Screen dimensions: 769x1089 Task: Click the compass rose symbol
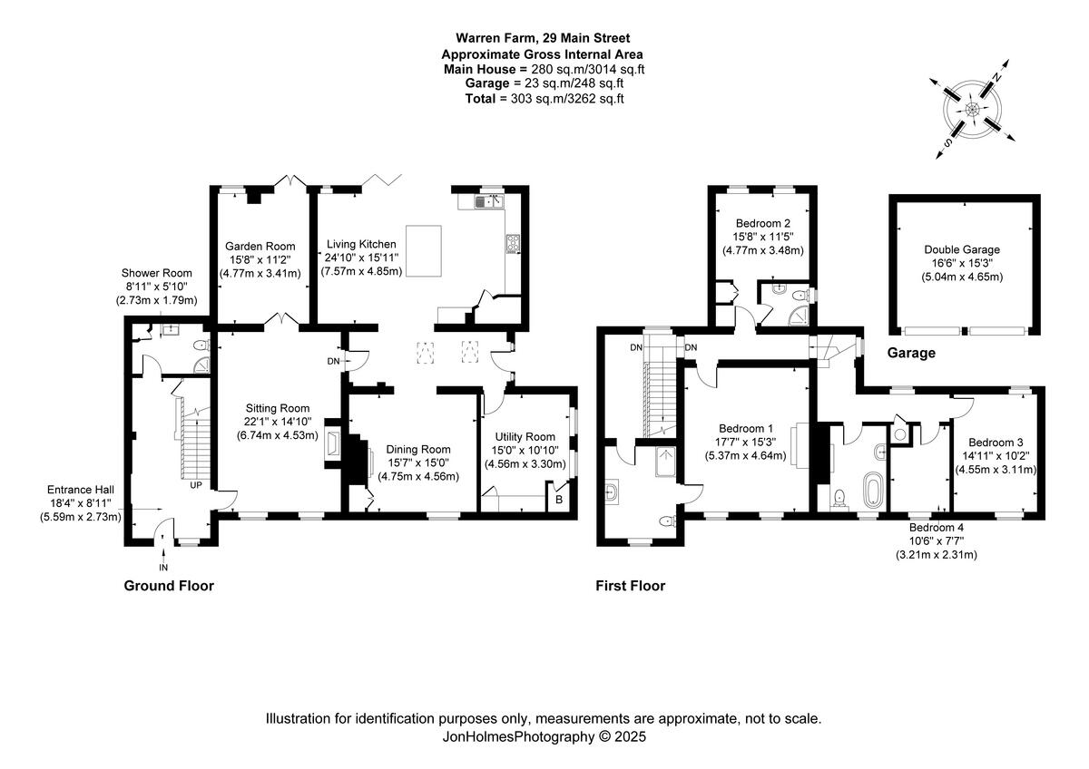point(972,110)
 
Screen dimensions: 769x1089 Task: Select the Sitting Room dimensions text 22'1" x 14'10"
point(276,421)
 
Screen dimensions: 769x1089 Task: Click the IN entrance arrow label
point(163,567)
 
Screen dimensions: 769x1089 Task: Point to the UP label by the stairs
point(196,485)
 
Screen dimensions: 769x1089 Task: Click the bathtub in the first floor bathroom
point(873,489)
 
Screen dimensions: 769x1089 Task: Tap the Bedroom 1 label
point(746,429)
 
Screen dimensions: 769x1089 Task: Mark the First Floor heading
point(630,586)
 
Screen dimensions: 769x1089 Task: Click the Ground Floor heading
point(169,586)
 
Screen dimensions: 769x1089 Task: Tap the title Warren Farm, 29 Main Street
point(543,38)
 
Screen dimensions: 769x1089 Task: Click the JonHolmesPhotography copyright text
point(544,737)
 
